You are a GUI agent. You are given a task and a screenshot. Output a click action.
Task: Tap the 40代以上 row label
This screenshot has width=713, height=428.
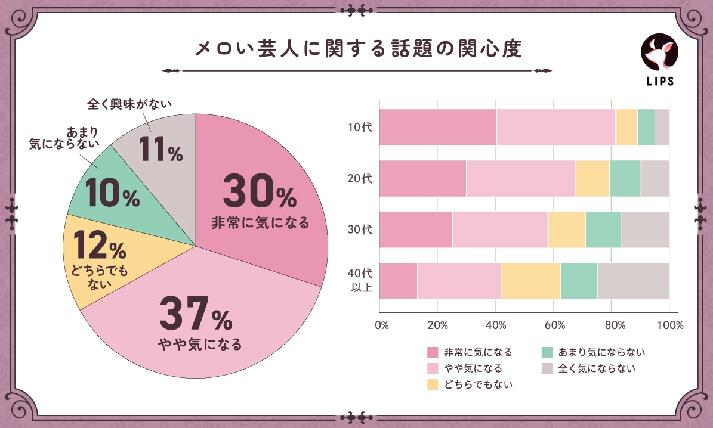(x=360, y=280)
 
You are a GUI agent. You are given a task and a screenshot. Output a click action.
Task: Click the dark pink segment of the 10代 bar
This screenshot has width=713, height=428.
(x=438, y=127)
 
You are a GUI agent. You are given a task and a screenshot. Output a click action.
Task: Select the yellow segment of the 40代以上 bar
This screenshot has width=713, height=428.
(x=530, y=280)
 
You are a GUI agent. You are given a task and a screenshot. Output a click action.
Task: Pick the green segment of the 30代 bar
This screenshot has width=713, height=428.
(x=603, y=229)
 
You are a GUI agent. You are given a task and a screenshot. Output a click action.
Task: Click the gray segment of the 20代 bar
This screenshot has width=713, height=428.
(x=655, y=178)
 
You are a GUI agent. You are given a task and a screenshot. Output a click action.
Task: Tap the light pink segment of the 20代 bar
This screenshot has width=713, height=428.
(x=520, y=178)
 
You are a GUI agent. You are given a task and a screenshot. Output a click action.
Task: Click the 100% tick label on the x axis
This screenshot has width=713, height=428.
(x=670, y=325)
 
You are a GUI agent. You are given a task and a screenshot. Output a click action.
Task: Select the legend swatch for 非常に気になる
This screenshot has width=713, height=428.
(x=432, y=352)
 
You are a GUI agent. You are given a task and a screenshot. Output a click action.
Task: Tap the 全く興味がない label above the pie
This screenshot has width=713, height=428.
(x=129, y=104)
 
